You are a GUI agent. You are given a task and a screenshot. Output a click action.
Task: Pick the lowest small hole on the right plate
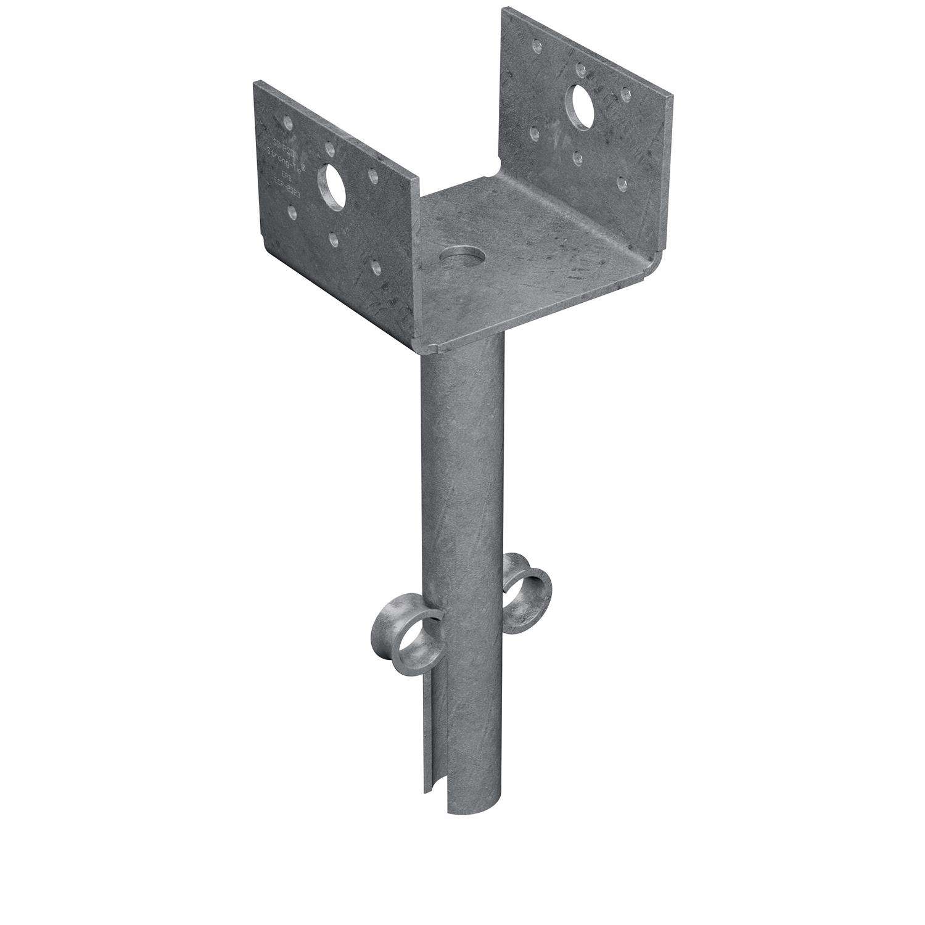[x=623, y=183]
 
